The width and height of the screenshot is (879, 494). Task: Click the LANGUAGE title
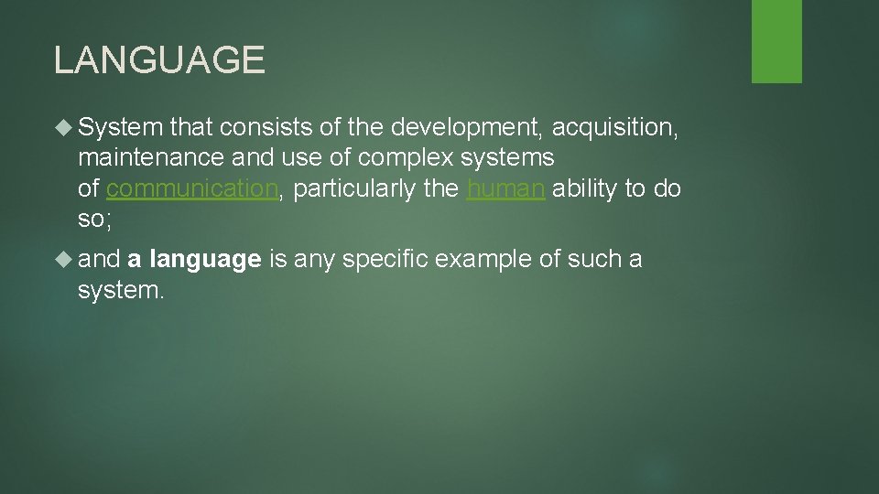click(x=159, y=60)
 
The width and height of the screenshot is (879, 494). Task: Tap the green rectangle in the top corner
click(x=776, y=40)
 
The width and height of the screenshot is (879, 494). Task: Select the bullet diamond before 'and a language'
click(x=63, y=260)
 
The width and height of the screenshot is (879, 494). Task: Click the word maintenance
click(x=149, y=158)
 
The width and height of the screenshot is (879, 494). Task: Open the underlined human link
click(x=506, y=188)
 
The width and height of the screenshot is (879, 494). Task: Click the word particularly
click(x=353, y=188)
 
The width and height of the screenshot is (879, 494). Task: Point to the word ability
click(x=584, y=188)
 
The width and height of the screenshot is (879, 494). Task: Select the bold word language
click(x=205, y=260)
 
